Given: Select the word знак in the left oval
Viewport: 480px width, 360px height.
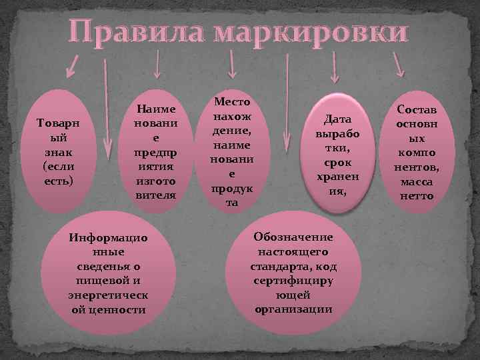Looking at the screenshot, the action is point(59,155).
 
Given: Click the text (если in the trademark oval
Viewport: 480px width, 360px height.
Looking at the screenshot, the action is point(58,167).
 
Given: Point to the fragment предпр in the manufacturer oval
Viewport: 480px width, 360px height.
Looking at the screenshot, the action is point(155,151).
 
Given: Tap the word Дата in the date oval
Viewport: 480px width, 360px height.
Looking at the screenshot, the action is point(337,119).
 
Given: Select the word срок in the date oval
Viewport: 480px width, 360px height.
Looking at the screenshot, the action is point(337,162).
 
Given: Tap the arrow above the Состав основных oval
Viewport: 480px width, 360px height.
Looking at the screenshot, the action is point(398,64).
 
